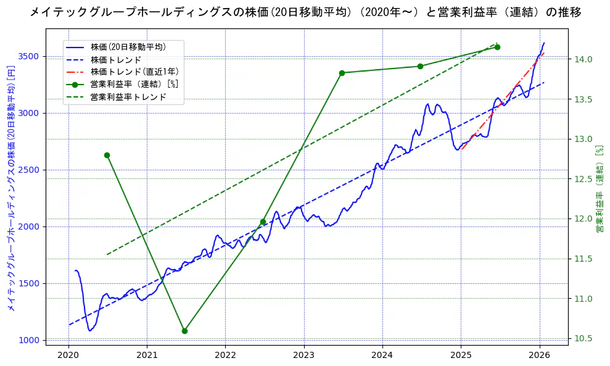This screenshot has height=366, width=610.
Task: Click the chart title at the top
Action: point(305,12)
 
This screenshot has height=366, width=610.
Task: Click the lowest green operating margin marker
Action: point(184,331)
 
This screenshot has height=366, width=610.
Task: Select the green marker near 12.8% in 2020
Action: point(107,155)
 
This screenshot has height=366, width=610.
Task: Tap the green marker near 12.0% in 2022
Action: point(263,222)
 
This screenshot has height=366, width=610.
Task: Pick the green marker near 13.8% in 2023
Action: point(342,73)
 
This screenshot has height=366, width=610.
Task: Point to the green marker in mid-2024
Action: point(420,66)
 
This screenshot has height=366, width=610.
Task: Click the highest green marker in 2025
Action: point(497,47)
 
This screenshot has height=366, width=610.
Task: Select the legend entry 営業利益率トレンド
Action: point(128,97)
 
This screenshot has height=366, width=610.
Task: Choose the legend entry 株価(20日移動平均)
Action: point(127,46)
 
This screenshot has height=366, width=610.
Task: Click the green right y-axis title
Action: point(599,189)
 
